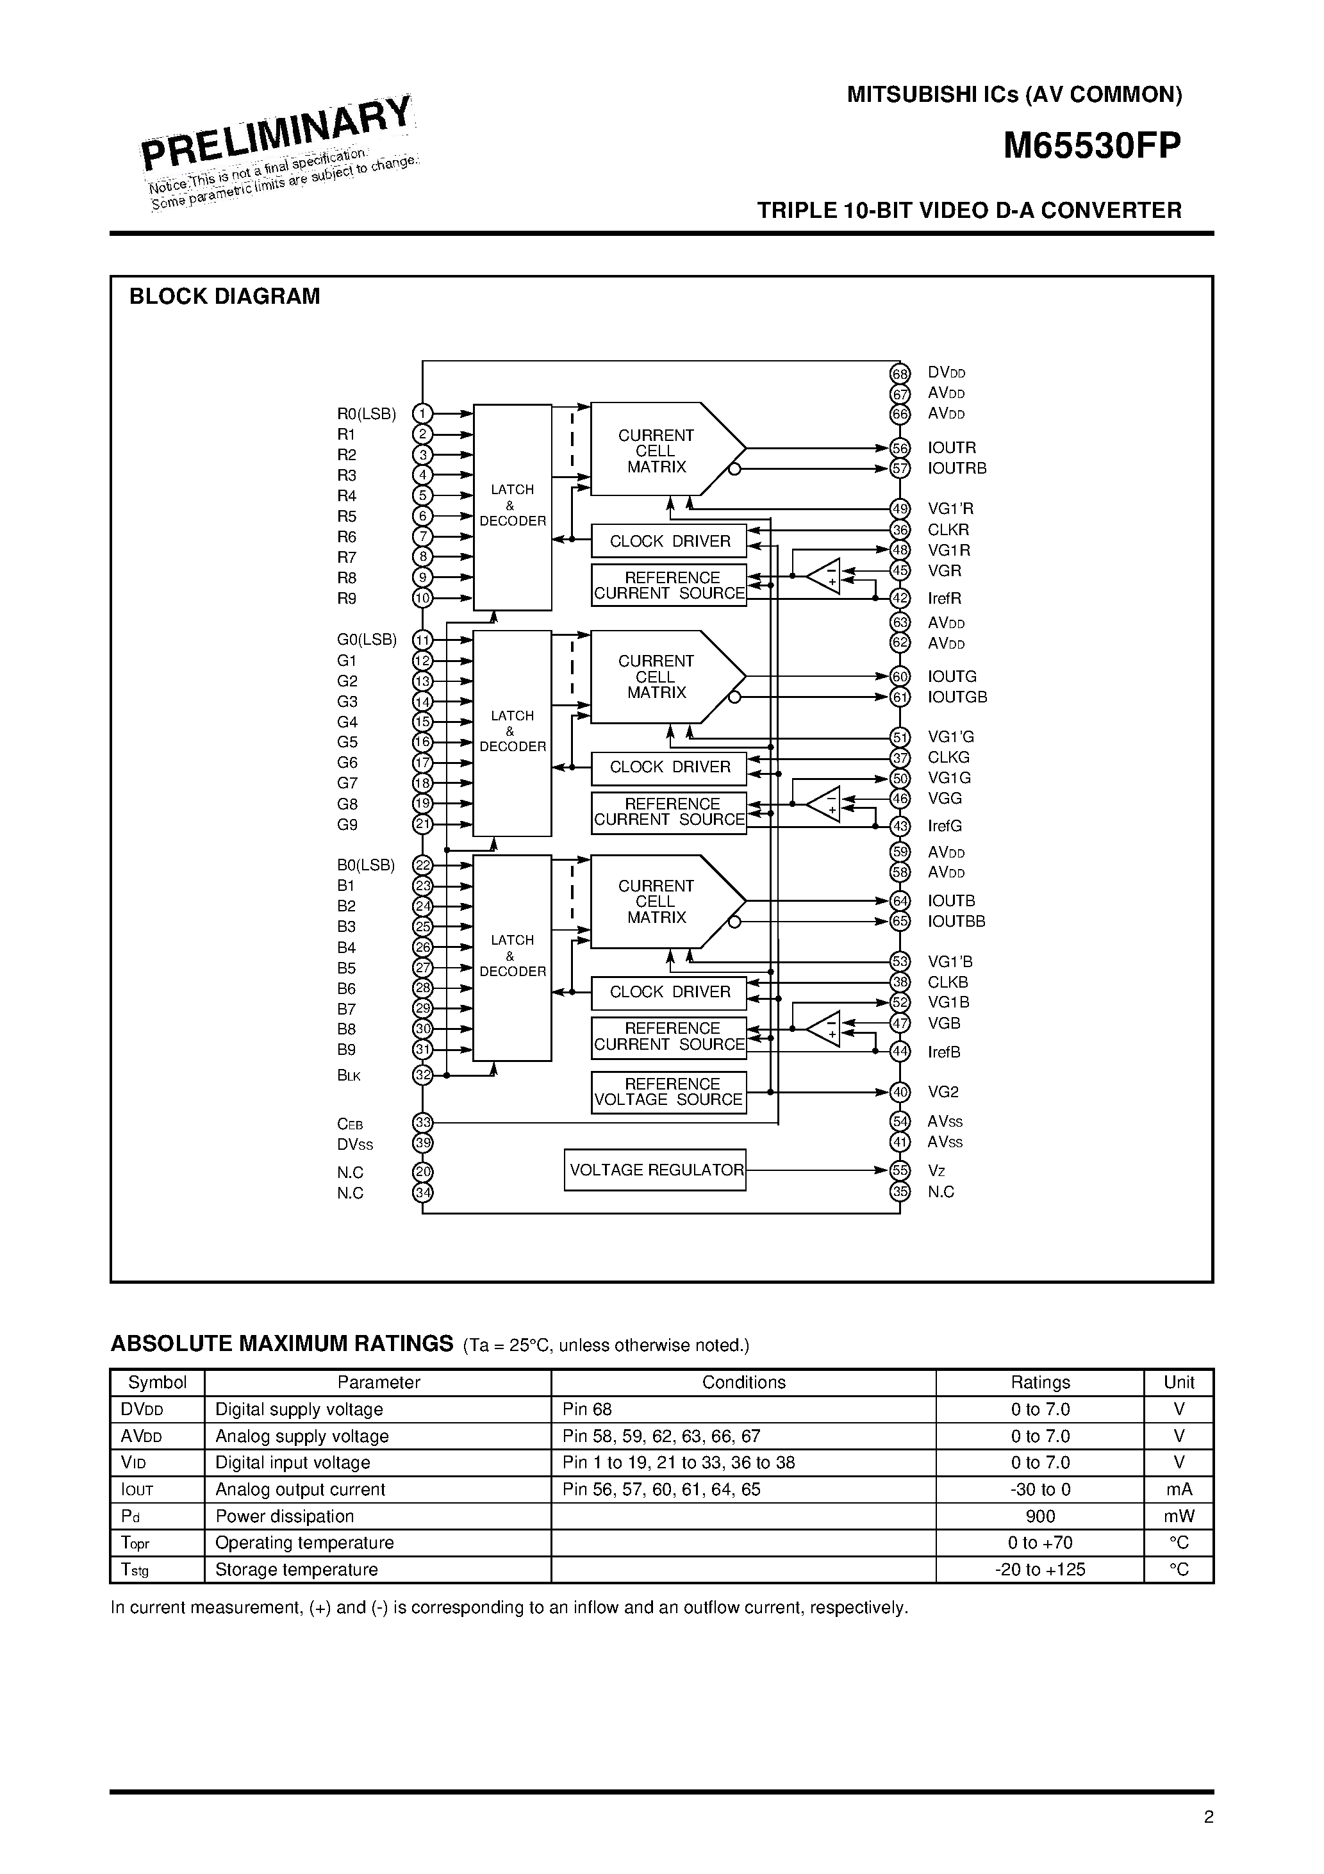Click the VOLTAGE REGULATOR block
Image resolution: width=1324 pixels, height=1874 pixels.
point(655,1170)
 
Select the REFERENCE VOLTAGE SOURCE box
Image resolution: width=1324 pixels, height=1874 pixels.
point(668,1092)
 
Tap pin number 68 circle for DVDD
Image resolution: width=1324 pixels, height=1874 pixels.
point(900,374)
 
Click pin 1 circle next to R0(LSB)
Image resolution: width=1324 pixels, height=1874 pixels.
point(422,414)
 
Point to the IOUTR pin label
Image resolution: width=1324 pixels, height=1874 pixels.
point(951,448)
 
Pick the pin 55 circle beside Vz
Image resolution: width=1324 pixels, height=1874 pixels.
point(900,1170)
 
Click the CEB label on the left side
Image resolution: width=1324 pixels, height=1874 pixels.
point(349,1124)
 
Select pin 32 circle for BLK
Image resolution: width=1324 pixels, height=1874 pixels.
point(422,1075)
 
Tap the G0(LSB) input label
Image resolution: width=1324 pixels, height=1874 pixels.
point(367,640)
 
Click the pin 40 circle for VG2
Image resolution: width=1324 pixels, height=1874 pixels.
point(900,1092)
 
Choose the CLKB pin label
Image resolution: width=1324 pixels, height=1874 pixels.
point(948,982)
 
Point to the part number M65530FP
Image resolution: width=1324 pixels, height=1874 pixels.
point(1091,146)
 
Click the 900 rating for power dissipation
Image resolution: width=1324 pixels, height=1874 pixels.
point(1040,1516)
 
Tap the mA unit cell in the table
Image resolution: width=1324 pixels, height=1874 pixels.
point(1179,1489)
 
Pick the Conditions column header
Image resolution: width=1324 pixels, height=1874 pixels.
point(743,1382)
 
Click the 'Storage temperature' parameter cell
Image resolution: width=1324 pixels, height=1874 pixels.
point(296,1569)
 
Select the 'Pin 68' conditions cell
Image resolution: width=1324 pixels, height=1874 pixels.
point(587,1409)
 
